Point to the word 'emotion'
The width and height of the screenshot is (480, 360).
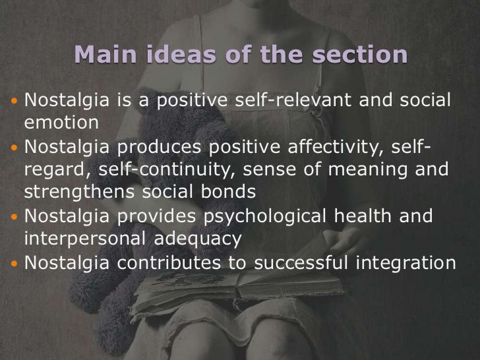[61, 123]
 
